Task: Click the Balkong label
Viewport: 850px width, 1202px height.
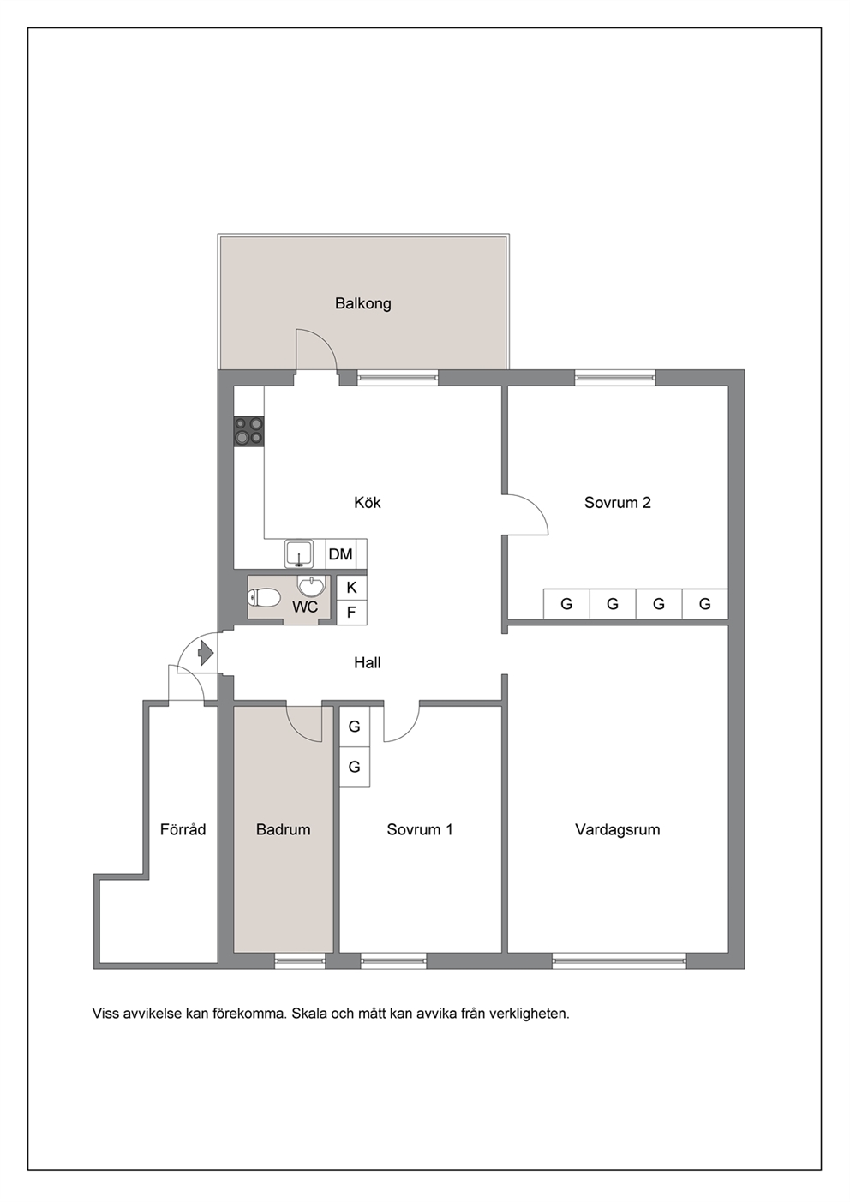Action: (362, 304)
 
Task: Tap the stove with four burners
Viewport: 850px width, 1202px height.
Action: (249, 431)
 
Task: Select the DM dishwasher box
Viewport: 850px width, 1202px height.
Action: (341, 553)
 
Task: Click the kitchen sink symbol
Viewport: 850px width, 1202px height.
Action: (299, 553)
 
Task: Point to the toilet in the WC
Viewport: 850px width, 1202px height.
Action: (265, 598)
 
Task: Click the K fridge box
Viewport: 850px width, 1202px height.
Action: (352, 588)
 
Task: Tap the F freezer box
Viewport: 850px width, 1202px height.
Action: (352, 613)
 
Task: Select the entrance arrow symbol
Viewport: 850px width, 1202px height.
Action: (206, 653)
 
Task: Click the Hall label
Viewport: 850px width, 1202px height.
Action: (368, 663)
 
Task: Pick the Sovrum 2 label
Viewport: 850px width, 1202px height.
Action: (618, 503)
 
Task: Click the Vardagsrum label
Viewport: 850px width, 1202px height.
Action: (618, 829)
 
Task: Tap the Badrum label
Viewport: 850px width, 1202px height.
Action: (284, 829)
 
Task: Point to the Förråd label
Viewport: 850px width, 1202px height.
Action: (183, 829)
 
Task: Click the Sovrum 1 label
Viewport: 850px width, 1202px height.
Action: (420, 829)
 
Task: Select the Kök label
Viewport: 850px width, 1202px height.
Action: (368, 502)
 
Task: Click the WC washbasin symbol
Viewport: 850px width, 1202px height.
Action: (311, 586)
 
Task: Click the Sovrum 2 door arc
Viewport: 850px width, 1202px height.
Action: (535, 507)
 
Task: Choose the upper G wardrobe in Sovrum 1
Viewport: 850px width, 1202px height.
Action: (355, 727)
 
